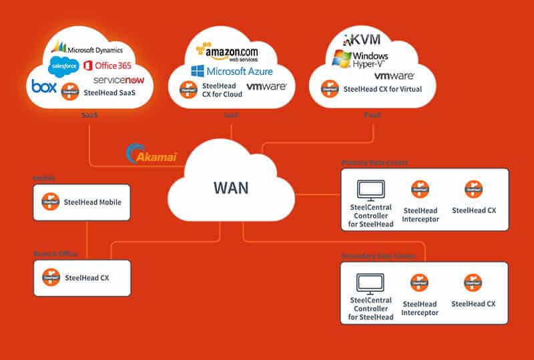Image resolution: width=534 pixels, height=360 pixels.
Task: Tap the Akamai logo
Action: point(153,155)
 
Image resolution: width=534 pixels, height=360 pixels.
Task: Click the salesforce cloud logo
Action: point(65,65)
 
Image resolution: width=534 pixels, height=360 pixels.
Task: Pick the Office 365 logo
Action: point(107,65)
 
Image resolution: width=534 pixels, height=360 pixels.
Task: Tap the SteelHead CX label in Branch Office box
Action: point(86,278)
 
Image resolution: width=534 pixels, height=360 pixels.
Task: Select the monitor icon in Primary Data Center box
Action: point(370,191)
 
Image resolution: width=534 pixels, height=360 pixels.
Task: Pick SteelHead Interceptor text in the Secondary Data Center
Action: point(420,308)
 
